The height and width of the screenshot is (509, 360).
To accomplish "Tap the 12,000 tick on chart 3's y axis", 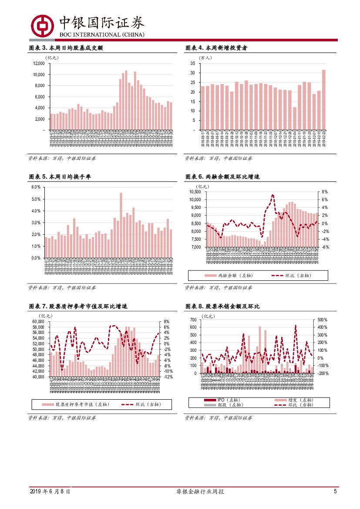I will [x=39, y=63].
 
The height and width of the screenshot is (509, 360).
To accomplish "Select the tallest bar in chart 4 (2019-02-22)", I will [x=323, y=99].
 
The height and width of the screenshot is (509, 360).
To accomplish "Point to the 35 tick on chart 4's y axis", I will [x=192, y=63].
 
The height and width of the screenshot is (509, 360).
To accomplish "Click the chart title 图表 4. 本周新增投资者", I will [x=217, y=48].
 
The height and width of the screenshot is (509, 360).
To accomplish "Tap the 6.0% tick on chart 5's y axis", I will [x=36, y=187].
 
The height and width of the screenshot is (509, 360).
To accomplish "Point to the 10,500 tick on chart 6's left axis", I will [x=195, y=192].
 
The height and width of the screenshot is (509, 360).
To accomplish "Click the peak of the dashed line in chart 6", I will [x=273, y=195].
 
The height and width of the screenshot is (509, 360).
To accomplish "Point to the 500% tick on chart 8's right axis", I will [x=322, y=320].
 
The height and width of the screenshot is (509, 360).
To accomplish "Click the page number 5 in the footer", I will [x=335, y=492].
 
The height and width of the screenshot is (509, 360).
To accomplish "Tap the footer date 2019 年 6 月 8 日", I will [x=50, y=492].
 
